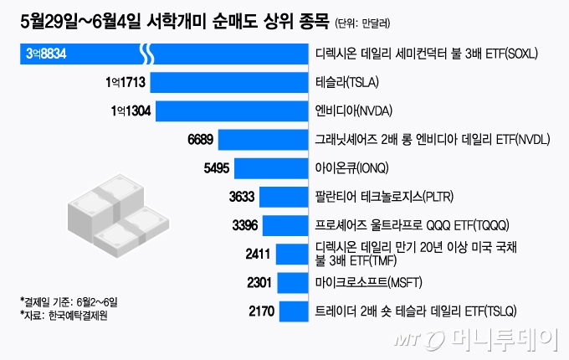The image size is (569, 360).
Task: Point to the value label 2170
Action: pos(263,312)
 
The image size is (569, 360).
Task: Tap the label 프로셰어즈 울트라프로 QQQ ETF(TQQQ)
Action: pos(406,225)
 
